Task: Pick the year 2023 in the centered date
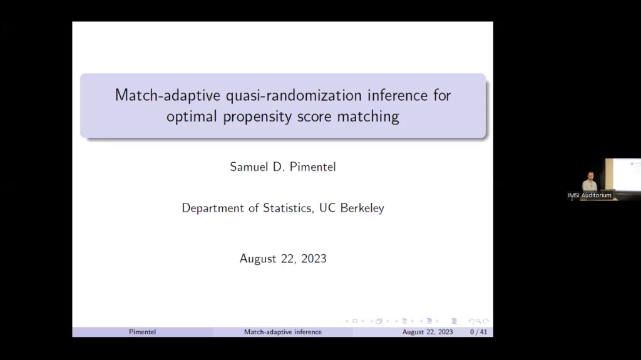click(x=312, y=258)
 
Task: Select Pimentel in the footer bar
click(x=143, y=332)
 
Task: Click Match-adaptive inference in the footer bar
click(x=283, y=332)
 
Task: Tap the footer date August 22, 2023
click(x=428, y=332)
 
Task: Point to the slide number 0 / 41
click(x=479, y=332)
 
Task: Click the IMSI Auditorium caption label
click(x=589, y=195)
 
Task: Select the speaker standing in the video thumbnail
click(x=588, y=181)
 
